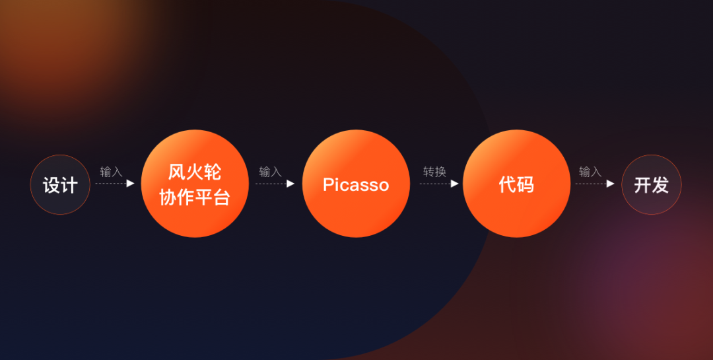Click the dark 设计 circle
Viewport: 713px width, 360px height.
pos(60,184)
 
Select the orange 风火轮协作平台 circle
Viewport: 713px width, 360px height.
pos(195,184)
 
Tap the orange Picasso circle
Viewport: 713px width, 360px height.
pos(356,184)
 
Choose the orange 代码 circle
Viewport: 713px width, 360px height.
pos(516,184)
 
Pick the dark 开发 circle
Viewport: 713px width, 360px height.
pos(651,184)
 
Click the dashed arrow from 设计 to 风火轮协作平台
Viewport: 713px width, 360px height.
pos(115,184)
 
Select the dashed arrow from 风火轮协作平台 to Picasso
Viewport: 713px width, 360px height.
pos(275,184)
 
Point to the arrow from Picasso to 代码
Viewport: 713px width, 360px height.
pos(439,184)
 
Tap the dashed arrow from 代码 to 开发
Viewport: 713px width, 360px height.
pos(595,184)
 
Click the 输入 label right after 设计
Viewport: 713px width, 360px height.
pos(112,172)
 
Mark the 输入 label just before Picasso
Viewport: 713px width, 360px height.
pos(271,172)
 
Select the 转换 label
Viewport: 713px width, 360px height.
pos(434,172)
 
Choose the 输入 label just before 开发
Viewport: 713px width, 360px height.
pos(590,172)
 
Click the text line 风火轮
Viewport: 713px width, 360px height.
pos(195,172)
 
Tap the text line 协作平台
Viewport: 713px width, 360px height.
pos(195,198)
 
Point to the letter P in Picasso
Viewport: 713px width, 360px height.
pos(328,184)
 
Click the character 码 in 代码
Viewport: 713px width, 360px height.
pos(526,184)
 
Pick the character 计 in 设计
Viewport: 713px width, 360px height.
pos(69,185)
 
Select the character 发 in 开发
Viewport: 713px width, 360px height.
pos(660,185)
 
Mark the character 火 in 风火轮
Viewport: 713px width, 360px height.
pos(195,172)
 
